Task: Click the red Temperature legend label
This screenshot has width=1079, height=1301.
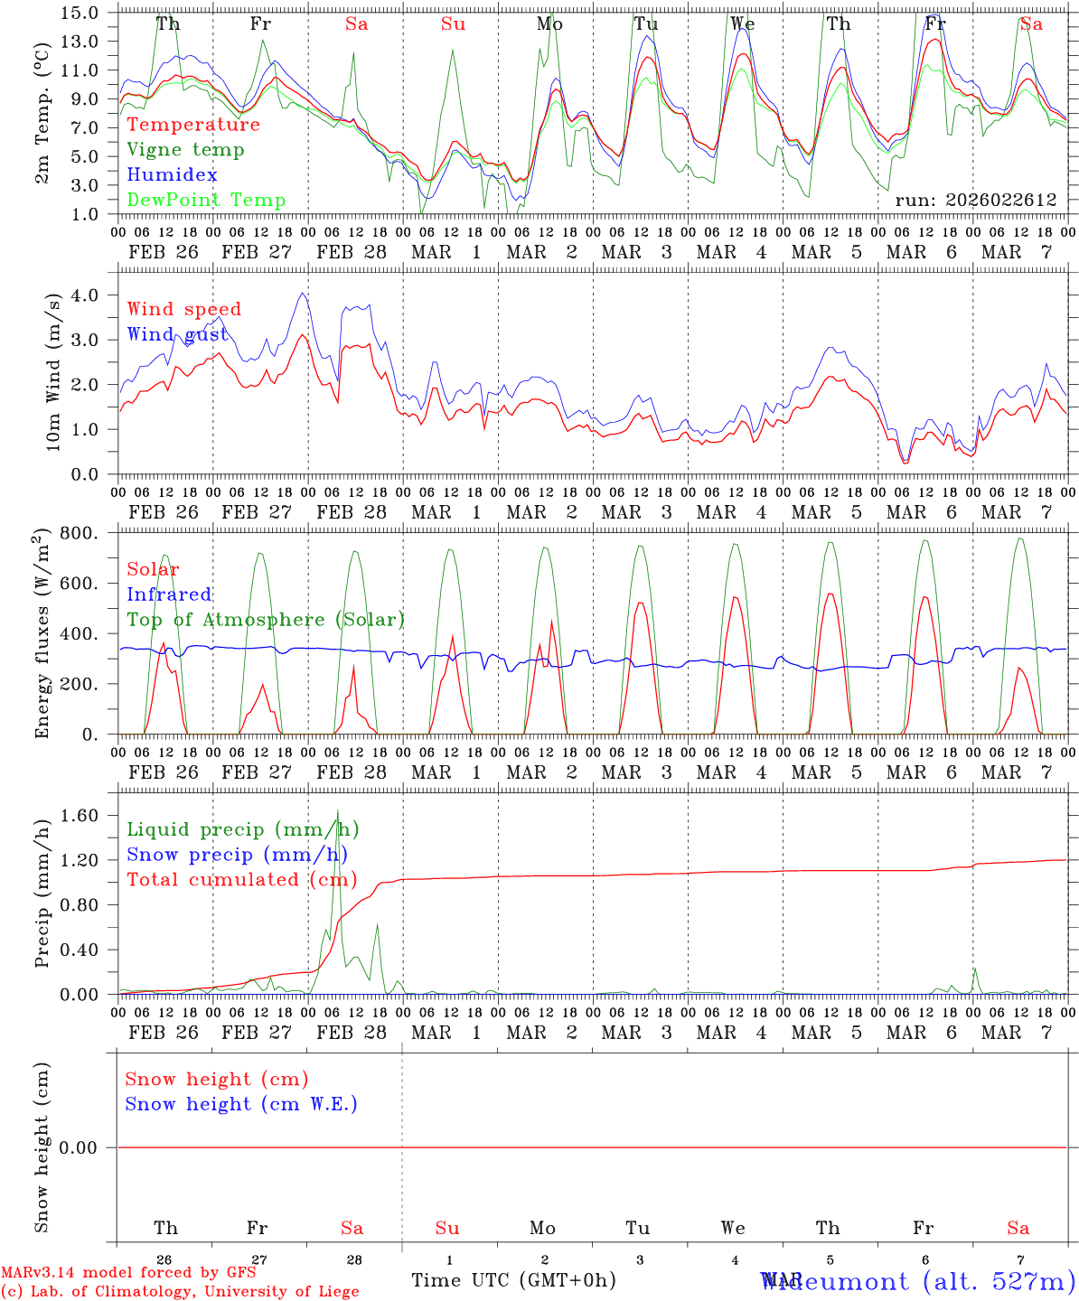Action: point(193,125)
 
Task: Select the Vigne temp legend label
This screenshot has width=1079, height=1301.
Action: point(185,150)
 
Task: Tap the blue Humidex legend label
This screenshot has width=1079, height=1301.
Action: point(172,175)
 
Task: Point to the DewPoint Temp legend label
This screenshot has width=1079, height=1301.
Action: point(206,201)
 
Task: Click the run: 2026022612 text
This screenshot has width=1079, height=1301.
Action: point(975,201)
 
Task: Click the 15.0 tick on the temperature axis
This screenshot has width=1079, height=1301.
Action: point(81,13)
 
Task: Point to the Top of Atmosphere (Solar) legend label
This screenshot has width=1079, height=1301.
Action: point(266,620)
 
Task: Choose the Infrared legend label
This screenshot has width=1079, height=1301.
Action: point(169,594)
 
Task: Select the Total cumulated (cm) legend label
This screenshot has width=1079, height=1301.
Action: point(241,880)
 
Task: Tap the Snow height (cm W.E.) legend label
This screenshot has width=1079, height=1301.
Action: point(241,1104)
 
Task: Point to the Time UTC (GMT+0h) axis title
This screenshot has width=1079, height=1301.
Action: point(513,1280)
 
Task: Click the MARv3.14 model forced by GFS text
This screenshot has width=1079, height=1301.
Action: point(127,1273)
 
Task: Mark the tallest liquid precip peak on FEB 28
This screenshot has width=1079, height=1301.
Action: point(338,811)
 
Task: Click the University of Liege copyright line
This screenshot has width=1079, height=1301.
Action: point(180,1292)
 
